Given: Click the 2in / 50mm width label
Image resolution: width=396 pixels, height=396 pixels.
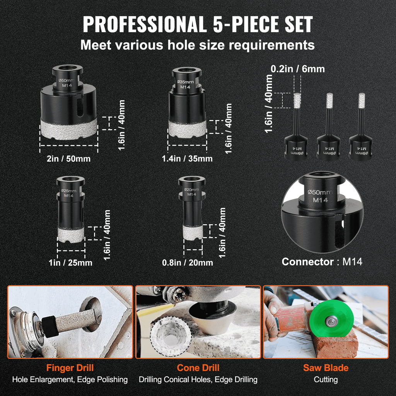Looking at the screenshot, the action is (x=69, y=159).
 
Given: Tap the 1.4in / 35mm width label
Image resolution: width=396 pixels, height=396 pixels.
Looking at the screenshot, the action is (x=187, y=159).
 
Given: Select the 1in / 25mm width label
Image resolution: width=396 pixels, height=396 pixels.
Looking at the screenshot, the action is (x=70, y=263).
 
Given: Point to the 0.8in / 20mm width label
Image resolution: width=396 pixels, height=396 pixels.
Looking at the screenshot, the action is (x=188, y=263).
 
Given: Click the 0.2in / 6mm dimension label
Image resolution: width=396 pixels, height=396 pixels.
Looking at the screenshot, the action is (x=298, y=69).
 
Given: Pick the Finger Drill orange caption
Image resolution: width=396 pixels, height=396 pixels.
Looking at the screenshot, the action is (x=70, y=368).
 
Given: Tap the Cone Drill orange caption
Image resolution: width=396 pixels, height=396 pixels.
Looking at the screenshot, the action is (x=198, y=368).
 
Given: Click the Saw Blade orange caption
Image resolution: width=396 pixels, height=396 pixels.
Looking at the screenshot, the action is (x=326, y=368).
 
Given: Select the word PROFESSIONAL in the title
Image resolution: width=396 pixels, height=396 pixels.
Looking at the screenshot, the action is (x=145, y=24).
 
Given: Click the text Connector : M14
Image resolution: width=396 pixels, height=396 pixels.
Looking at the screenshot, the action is (x=322, y=262).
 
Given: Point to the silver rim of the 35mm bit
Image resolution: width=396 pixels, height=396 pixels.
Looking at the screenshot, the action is (x=187, y=129).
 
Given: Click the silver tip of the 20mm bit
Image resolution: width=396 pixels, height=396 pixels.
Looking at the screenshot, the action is (x=193, y=232).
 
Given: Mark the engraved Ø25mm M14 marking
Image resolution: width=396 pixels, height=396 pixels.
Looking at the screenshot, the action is (x=69, y=193).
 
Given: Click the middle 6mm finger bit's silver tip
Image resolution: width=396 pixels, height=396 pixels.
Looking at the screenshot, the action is (x=329, y=101).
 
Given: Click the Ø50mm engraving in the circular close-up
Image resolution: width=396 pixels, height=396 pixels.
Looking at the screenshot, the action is (x=320, y=193).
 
